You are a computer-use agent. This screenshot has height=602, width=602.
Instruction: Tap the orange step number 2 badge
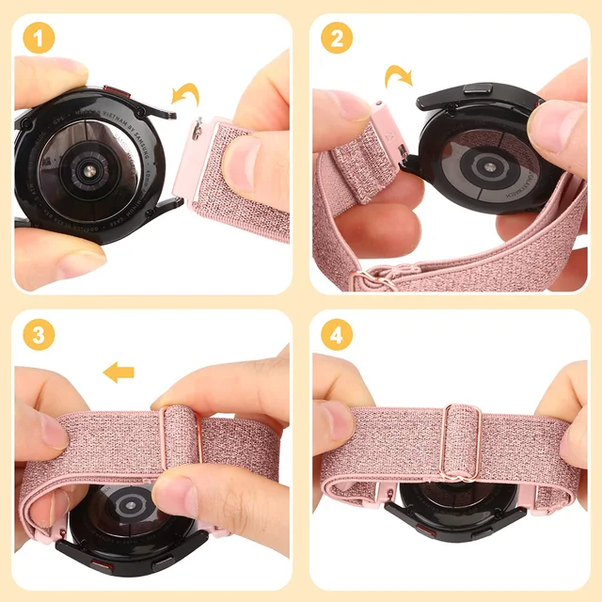pyautogui.click(x=336, y=39)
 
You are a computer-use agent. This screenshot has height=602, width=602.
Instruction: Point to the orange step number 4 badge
pyautogui.click(x=336, y=336)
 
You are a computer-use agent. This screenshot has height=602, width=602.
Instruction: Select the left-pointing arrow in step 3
pyautogui.click(x=118, y=373)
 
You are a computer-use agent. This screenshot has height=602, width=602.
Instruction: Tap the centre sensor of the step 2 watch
pyautogui.click(x=490, y=166)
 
